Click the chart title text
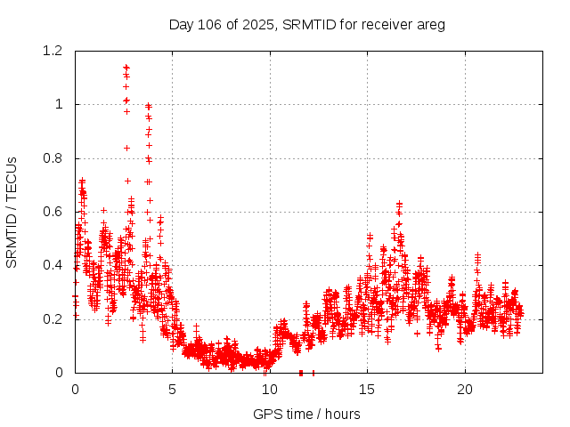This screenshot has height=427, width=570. pyautogui.click(x=306, y=24)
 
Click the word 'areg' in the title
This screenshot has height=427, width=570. pyautogui.click(x=430, y=25)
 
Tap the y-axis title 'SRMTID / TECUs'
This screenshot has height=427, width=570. pyautogui.click(x=12, y=212)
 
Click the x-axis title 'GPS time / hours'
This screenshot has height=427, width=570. pyautogui.click(x=306, y=414)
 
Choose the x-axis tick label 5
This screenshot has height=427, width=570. pyautogui.click(x=173, y=390)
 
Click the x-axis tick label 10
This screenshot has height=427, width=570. pyautogui.click(x=270, y=390)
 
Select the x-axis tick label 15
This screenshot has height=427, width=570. pyautogui.click(x=367, y=390)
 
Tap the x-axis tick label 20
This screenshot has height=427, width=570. pyautogui.click(x=465, y=390)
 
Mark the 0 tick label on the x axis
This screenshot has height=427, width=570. pyautogui.click(x=75, y=390)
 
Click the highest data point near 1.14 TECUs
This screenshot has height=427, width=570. pyautogui.click(x=126, y=67)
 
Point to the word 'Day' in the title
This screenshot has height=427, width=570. pyautogui.click(x=181, y=25)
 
